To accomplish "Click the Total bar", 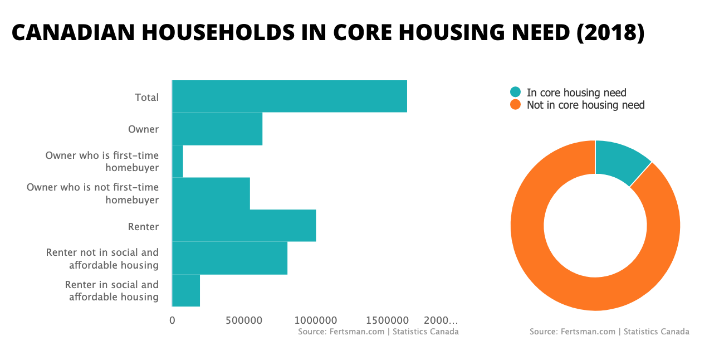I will [289, 96].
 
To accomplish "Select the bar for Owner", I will [217, 129].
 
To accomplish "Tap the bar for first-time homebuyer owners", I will [178, 161].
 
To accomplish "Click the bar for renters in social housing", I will [186, 290].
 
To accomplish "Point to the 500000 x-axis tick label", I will [244, 320].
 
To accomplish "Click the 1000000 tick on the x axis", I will [316, 320].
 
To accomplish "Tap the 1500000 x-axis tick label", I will [388, 320].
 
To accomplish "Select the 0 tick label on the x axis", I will [172, 320].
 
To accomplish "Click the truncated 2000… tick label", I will [441, 320].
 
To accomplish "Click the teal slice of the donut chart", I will [620, 159].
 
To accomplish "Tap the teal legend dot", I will [516, 93].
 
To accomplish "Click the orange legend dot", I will [516, 105].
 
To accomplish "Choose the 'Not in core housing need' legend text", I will [585, 105].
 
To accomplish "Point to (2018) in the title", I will [610, 33].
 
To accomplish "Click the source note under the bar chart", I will [378, 332].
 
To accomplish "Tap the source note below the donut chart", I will [609, 332].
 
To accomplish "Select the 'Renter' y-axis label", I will [143, 227].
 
